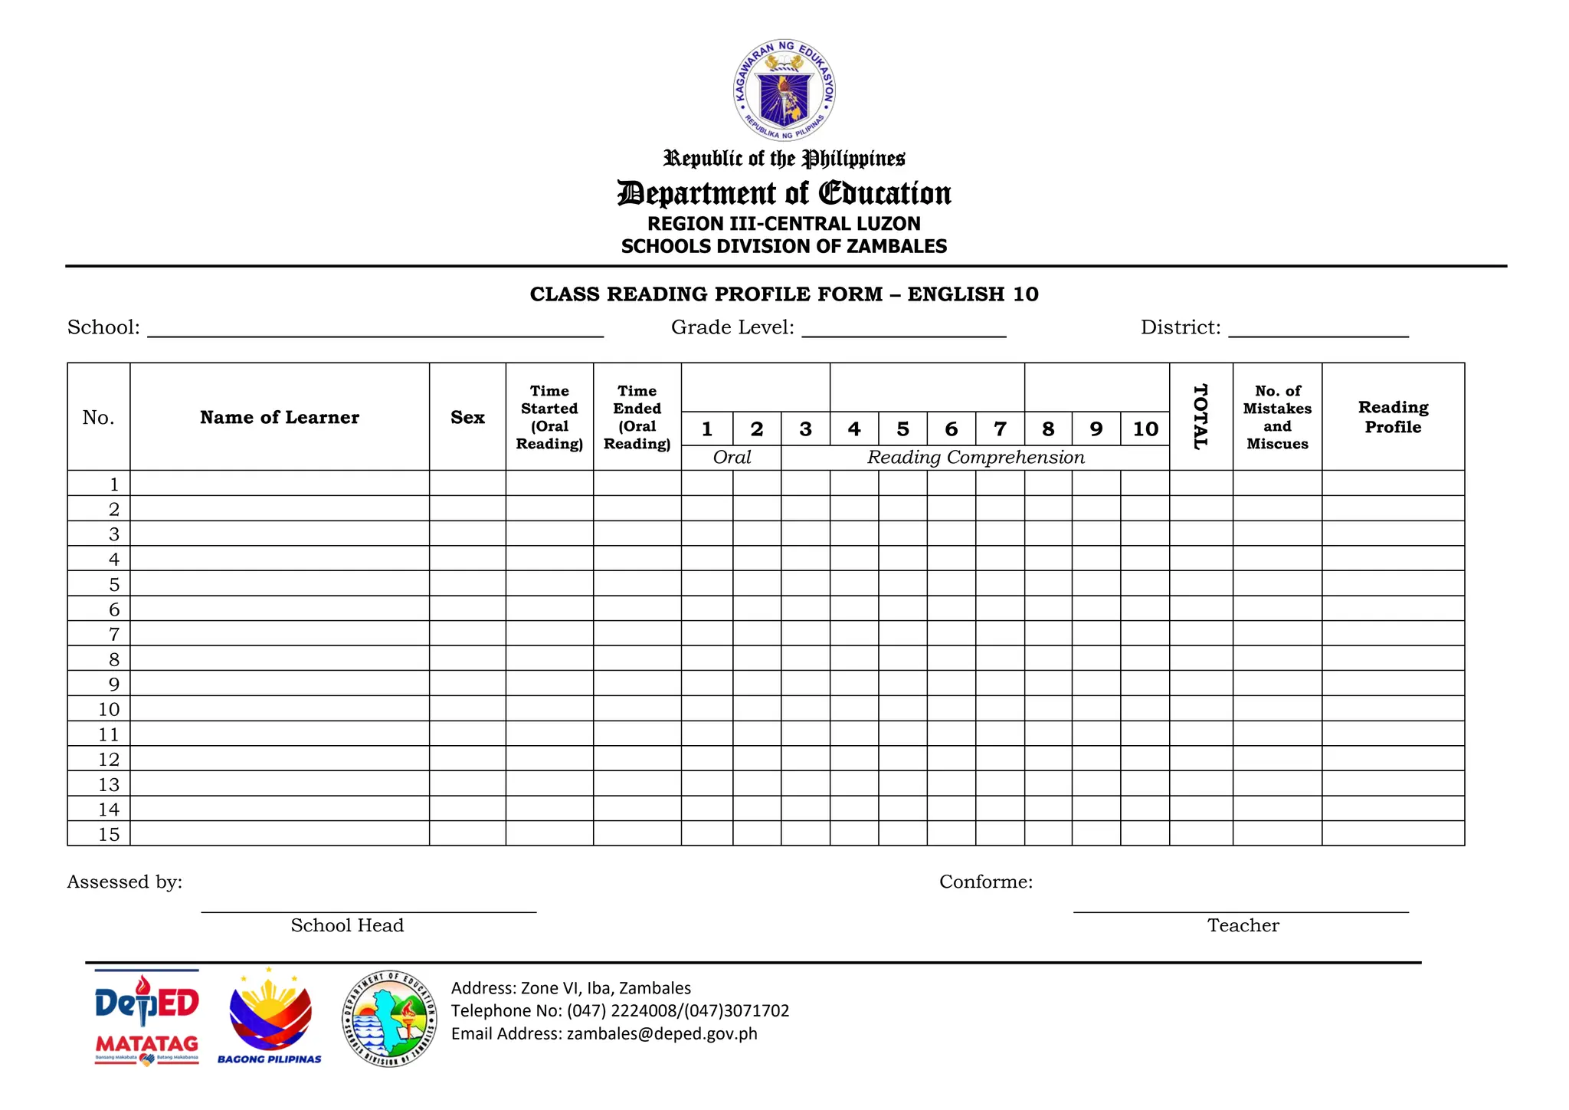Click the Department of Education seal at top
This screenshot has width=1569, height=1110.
point(784,90)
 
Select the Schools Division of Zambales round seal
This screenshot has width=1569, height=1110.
point(389,1019)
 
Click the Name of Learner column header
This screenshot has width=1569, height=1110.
point(280,417)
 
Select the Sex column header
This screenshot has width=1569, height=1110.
point(467,417)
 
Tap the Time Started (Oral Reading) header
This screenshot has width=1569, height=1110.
point(549,417)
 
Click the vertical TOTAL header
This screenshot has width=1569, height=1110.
point(1200,416)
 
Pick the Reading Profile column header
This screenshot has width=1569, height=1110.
point(1393,417)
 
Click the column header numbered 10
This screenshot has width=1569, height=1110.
point(1145,429)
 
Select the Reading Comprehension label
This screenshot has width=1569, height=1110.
point(975,458)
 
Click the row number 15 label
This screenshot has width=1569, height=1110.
point(109,834)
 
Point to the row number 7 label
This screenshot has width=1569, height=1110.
point(114,634)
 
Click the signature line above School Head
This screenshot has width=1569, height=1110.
point(369,911)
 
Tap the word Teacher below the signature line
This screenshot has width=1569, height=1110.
point(1243,925)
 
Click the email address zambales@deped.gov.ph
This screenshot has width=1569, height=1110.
point(662,1033)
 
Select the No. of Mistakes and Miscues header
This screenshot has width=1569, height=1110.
point(1277,417)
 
